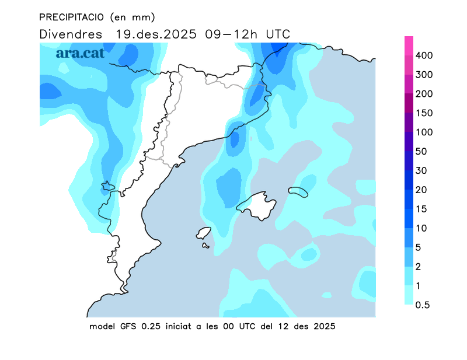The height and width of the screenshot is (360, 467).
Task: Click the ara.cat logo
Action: (80, 53)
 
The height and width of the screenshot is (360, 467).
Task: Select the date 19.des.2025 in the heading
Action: (155, 34)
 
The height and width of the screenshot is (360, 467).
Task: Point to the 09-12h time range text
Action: (232, 34)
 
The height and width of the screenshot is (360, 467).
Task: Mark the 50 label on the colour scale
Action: (422, 152)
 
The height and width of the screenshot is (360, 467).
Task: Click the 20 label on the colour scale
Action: (422, 190)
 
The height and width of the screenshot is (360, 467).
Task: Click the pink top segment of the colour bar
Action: (409, 46)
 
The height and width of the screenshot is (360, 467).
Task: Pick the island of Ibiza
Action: (203, 233)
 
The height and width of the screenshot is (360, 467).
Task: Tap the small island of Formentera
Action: (206, 246)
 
